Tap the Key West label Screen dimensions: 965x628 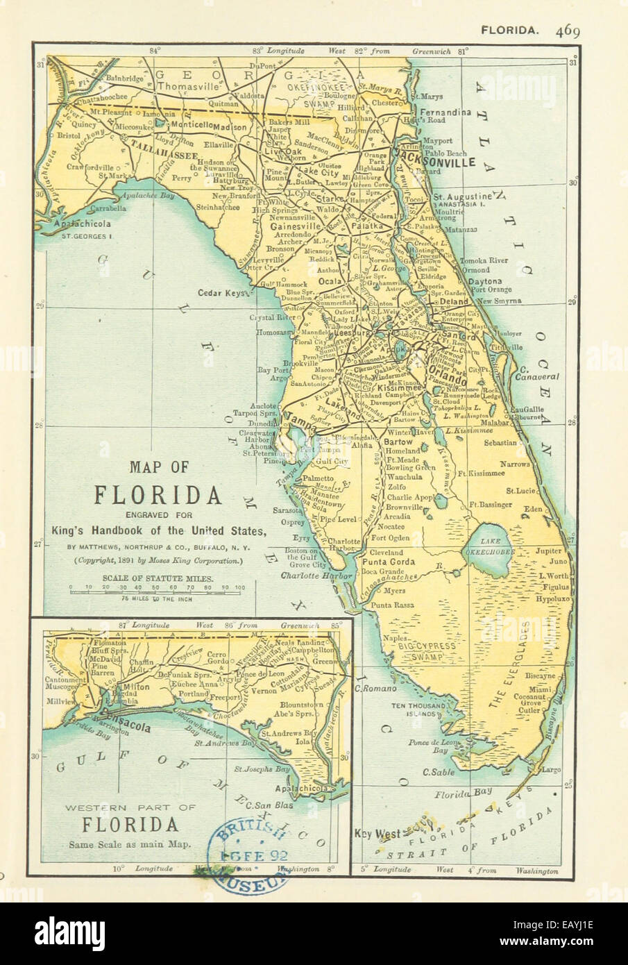click(x=377, y=834)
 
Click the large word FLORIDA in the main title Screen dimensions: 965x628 click(x=158, y=495)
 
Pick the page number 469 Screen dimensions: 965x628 click(x=570, y=30)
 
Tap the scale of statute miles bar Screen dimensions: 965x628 click(x=158, y=589)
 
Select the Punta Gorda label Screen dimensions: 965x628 click(x=390, y=562)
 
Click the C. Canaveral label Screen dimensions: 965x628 click(x=535, y=372)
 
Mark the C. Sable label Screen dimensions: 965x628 click(x=439, y=772)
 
